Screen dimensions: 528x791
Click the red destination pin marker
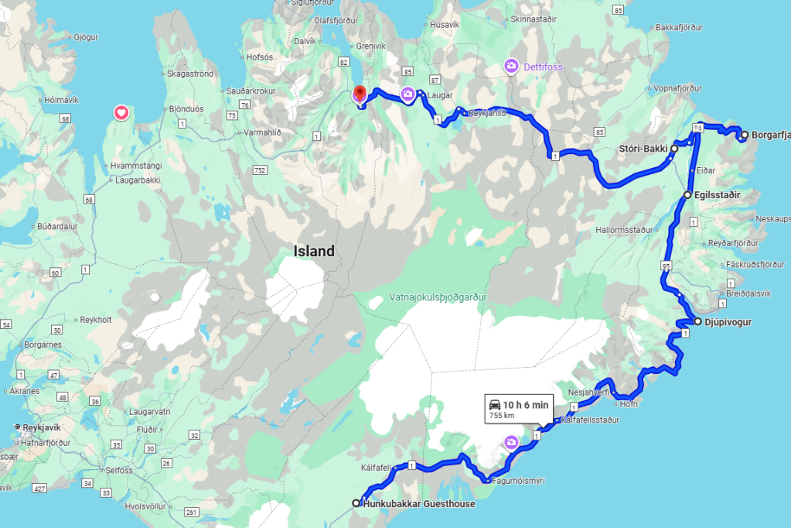pos(359,95)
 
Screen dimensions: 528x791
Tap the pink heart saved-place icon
pos(121,113)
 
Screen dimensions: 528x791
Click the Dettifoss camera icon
pos(511,67)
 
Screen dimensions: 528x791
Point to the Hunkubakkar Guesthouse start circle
pos(356,503)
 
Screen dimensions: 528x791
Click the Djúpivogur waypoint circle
pos(697,321)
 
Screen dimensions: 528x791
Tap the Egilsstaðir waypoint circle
pos(688,195)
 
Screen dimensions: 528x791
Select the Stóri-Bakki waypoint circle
pos(674,148)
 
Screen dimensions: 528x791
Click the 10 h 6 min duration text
pos(526,405)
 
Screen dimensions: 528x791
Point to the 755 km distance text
pos(502,417)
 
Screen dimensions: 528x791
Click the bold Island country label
pos(314,251)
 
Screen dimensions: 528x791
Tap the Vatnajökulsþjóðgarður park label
pos(438,297)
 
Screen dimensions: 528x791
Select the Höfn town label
pos(628,404)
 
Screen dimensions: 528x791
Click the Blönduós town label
pos(183,109)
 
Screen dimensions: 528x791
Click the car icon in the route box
pos(493,405)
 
